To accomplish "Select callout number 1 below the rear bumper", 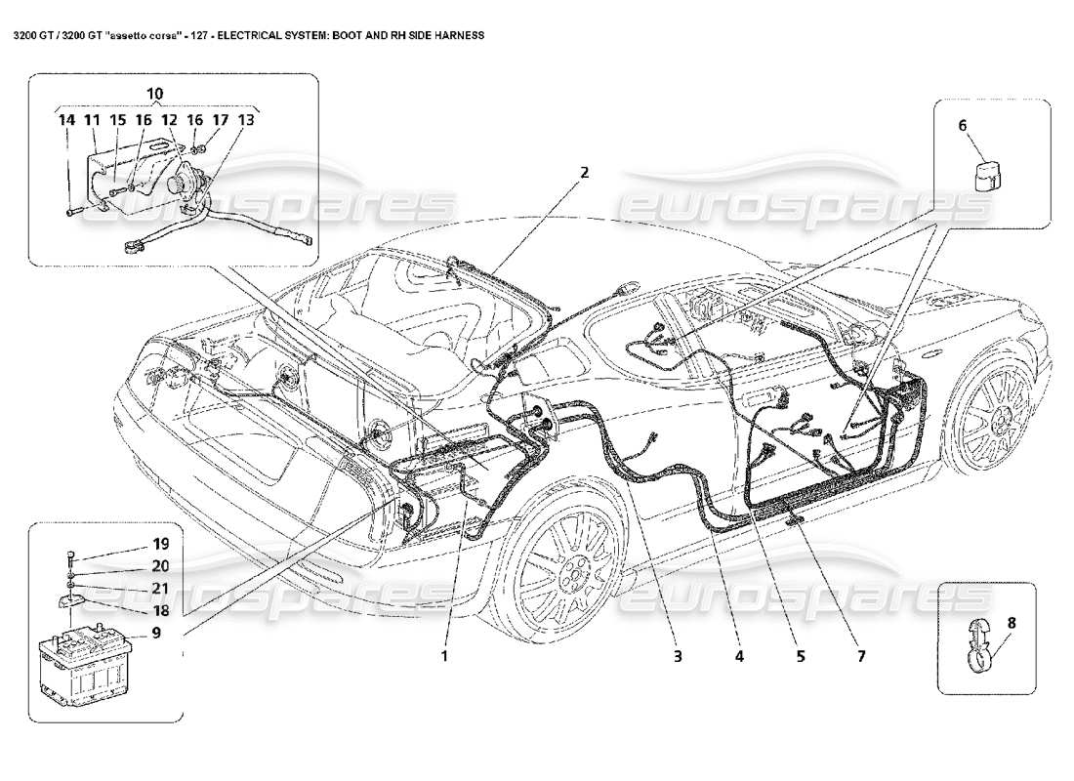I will pyautogui.click(x=444, y=656).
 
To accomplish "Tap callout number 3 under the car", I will pyautogui.click(x=676, y=656).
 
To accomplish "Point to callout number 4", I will pyautogui.click(x=739, y=656).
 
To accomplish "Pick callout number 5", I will pyautogui.click(x=800, y=656).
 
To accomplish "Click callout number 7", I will pyautogui.click(x=861, y=656).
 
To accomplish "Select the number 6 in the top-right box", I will pyautogui.click(x=962, y=125).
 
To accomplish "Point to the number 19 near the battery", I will pyautogui.click(x=159, y=544).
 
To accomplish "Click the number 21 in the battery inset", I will pyautogui.click(x=159, y=588).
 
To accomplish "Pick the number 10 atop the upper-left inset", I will pyautogui.click(x=154, y=94).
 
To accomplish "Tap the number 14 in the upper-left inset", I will pyautogui.click(x=66, y=120).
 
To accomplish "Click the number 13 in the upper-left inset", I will pyautogui.click(x=246, y=120).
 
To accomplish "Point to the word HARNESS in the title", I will pyautogui.click(x=452, y=33).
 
